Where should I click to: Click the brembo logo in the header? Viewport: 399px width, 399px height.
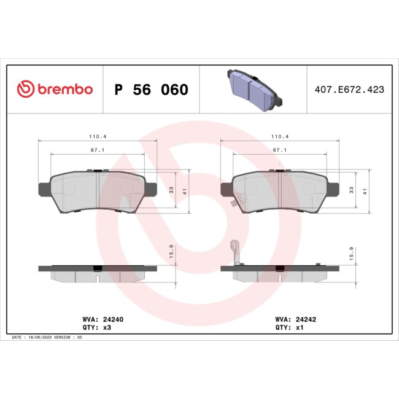click(55, 90)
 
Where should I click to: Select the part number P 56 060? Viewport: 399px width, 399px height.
click(151, 90)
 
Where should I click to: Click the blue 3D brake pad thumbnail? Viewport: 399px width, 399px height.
click(252, 88)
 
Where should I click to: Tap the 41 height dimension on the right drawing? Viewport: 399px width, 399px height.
click(365, 192)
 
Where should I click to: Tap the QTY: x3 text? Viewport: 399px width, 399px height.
click(96, 328)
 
